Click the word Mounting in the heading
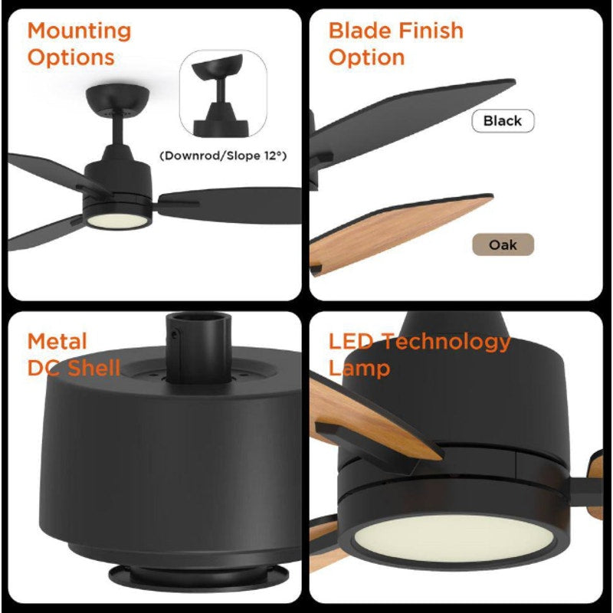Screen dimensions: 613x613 79,32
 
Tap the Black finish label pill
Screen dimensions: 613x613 503,121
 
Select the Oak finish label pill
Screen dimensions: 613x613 503,245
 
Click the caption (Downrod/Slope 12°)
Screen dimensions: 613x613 222,156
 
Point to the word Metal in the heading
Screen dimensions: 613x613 57,342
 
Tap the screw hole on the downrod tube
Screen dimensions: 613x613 176,333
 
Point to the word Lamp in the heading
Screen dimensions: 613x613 359,369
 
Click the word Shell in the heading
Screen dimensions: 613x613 93,369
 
